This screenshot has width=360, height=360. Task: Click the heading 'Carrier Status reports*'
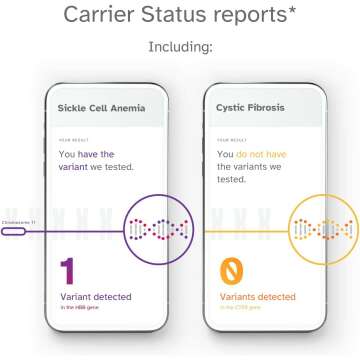click(179, 15)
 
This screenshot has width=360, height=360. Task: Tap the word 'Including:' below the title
click(180, 46)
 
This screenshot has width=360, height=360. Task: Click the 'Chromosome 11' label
click(17, 221)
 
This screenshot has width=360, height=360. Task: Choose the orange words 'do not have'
click(260, 153)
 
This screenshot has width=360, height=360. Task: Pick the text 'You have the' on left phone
click(88, 153)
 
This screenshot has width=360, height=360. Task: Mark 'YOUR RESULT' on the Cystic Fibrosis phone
click(232, 139)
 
